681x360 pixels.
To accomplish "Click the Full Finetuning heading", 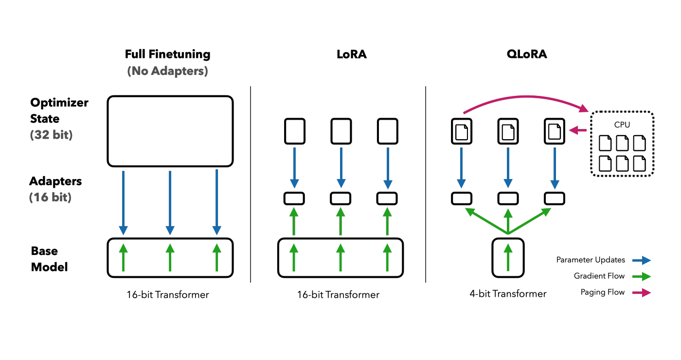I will (167, 54).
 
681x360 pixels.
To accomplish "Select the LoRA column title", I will (351, 54).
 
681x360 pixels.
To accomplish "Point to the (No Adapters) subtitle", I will (167, 71).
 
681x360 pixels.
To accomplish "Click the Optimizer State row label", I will (59, 110).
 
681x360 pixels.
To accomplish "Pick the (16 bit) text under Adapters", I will (50, 198).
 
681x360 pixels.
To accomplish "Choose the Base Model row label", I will (49, 259).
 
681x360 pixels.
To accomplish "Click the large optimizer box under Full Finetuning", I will (170, 131).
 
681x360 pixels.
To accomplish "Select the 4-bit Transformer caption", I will (508, 294).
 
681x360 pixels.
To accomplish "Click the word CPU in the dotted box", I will (622, 125).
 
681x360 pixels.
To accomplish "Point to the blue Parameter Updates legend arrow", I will (642, 260).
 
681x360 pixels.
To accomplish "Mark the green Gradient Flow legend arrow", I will (642, 276).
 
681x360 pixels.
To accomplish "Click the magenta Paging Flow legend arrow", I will (642, 292).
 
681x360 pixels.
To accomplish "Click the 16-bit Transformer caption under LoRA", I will (339, 295).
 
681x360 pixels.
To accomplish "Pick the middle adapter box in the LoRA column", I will (340, 198).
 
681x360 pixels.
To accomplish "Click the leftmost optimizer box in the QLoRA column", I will (462, 131).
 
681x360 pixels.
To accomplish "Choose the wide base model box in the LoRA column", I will (340, 258).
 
